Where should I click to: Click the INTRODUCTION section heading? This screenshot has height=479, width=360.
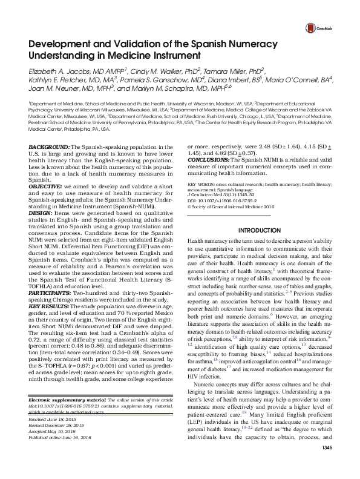261,248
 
